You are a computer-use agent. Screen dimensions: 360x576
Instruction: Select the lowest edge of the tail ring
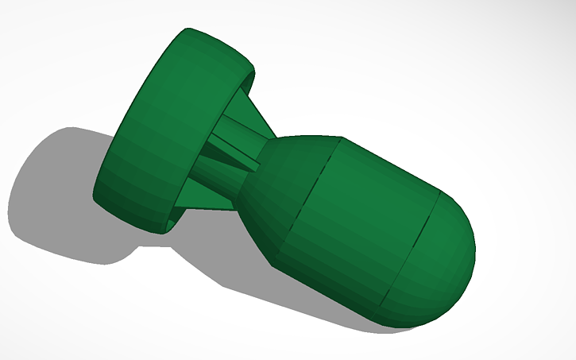[x=159, y=233]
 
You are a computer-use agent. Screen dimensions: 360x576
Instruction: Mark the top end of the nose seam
[x=440, y=192]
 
